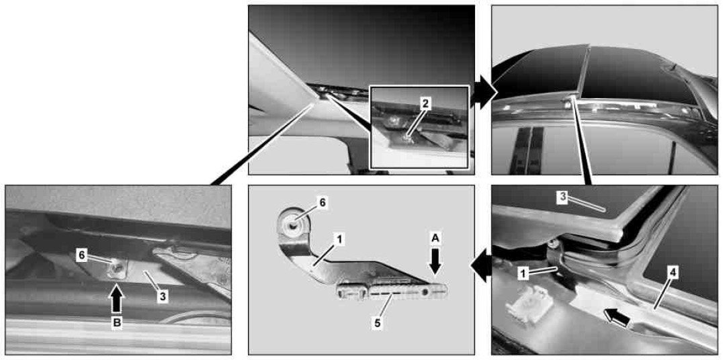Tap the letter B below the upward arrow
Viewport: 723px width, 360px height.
click(117, 323)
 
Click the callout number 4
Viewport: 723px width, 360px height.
click(673, 273)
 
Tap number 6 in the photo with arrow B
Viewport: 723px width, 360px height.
click(81, 255)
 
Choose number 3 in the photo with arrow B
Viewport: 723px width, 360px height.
click(162, 297)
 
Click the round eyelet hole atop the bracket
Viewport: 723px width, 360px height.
click(294, 222)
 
